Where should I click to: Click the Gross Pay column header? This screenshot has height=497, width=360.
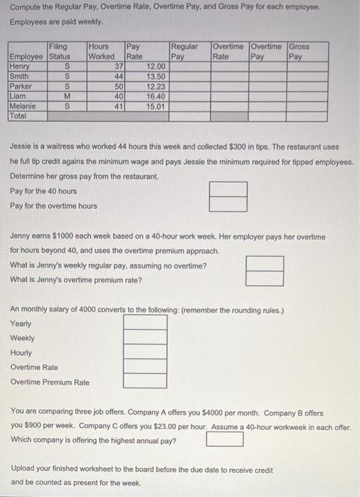(299, 51)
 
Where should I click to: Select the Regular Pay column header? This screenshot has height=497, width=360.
(185, 51)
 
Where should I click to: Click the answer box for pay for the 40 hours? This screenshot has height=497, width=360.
(229, 190)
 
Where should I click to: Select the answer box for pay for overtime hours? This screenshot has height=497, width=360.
(229, 204)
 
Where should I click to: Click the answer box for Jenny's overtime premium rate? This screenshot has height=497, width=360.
(265, 278)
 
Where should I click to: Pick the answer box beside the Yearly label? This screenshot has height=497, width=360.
(146, 323)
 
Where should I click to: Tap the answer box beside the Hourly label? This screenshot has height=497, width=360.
(146, 353)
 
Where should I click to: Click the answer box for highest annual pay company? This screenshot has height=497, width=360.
(225, 439)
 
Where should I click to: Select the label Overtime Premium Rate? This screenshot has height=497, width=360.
(50, 382)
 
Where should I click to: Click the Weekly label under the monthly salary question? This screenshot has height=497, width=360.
(23, 338)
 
